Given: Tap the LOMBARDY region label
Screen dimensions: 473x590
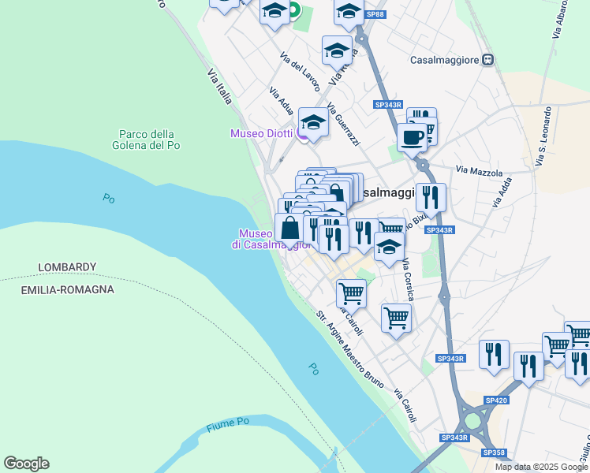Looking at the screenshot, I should pyautogui.click(x=67, y=267).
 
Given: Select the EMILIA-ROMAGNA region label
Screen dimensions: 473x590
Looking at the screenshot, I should pyautogui.click(x=67, y=289).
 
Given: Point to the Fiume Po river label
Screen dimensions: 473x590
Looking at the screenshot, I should pyautogui.click(x=228, y=426).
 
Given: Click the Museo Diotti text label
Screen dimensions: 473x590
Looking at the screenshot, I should pyautogui.click(x=261, y=133).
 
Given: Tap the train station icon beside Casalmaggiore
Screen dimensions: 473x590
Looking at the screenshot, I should pyautogui.click(x=488, y=59).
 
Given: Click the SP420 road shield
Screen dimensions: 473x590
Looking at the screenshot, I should pyautogui.click(x=496, y=400).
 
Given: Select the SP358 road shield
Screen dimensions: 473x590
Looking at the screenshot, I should pyautogui.click(x=495, y=453).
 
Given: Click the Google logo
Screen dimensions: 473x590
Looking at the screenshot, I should pyautogui.click(x=26, y=464).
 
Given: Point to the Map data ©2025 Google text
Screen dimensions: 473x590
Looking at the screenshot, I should pyautogui.click(x=541, y=467).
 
